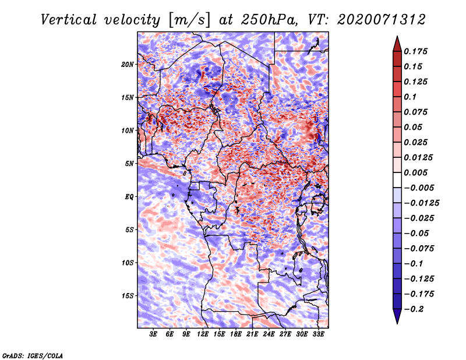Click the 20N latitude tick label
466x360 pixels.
[x=128, y=65]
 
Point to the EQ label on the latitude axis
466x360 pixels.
[x=129, y=197]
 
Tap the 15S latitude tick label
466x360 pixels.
[x=128, y=296]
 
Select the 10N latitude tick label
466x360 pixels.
[x=128, y=130]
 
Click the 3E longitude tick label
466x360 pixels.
[x=153, y=334]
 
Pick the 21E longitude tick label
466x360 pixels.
[x=252, y=334]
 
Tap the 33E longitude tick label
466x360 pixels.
[x=318, y=334]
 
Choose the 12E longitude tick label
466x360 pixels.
[x=203, y=334]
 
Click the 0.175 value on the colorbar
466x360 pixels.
[x=415, y=51]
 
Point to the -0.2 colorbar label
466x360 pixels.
[x=414, y=309]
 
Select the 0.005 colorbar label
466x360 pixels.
[x=415, y=172]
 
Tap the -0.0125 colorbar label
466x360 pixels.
[x=421, y=203]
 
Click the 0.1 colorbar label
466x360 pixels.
[x=410, y=97]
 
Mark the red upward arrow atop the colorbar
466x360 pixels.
[x=397, y=44]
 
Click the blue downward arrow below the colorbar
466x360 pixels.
[x=397, y=316]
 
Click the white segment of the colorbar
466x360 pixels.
[x=397, y=180]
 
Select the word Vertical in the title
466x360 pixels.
[x=68, y=20]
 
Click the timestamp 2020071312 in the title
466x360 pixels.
[x=382, y=20]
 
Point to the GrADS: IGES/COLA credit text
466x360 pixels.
[x=33, y=356]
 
